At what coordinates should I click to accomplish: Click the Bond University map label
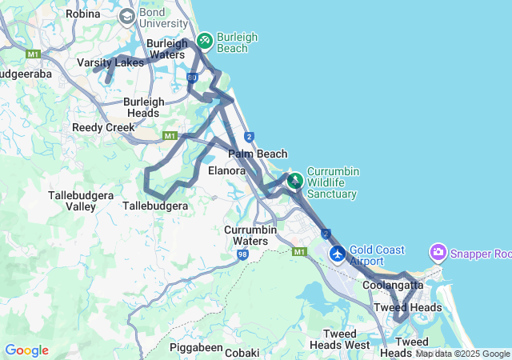point(163,18)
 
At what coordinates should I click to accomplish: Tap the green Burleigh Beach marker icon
point(204,38)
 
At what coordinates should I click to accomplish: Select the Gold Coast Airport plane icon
point(338,254)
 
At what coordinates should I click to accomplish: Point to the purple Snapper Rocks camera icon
point(438,253)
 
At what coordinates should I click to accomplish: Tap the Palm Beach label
point(258,154)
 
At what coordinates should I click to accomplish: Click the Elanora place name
point(226,170)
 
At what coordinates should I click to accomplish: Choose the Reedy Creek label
point(103,127)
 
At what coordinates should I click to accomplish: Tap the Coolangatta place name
point(393,285)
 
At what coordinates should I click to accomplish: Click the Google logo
point(26,350)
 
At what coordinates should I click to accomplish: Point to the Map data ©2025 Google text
point(462,354)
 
